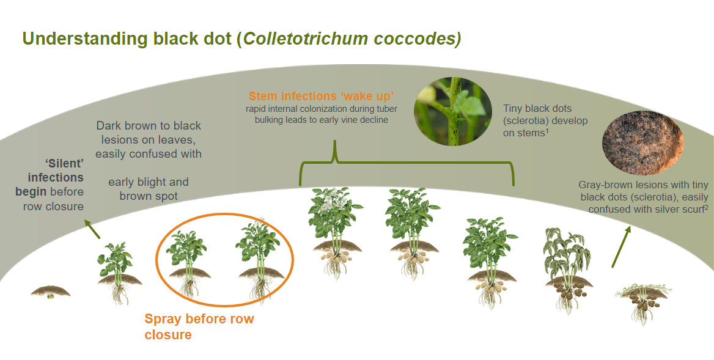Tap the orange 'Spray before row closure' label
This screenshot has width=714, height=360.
199,326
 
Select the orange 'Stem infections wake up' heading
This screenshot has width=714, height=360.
320,96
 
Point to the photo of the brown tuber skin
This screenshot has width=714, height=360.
643,141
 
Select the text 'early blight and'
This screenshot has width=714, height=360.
149,182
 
